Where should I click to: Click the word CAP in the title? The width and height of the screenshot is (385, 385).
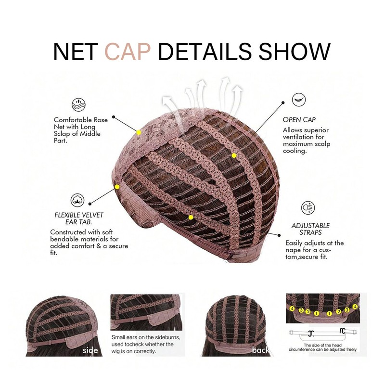click(x=128, y=51)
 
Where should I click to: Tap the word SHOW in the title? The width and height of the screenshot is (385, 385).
click(x=294, y=51)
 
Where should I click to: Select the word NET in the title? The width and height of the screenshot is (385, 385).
click(x=75, y=51)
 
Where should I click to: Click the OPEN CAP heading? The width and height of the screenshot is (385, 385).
click(x=299, y=119)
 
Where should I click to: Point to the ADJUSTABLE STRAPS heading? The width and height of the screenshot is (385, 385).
click(x=310, y=229)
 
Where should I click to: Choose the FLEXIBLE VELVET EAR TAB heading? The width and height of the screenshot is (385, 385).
click(x=79, y=218)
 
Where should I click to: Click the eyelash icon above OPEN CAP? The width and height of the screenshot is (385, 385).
click(x=299, y=100)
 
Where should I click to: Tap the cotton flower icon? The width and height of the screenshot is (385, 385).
click(x=77, y=200)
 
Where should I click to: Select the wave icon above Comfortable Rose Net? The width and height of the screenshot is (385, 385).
click(x=78, y=104)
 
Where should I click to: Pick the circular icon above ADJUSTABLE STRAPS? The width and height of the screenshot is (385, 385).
click(x=308, y=207)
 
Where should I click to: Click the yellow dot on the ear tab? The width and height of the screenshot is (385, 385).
click(x=117, y=187)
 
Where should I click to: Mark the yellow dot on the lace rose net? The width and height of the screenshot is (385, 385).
click(x=139, y=133)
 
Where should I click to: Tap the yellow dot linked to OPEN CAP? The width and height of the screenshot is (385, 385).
click(x=234, y=155)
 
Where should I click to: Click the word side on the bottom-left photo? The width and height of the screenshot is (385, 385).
click(x=90, y=350)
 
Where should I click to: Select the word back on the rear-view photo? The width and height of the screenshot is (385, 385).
click(x=260, y=350)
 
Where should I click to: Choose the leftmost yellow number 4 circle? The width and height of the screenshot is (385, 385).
click(x=292, y=308)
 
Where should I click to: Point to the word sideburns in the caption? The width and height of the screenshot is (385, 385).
click(x=167, y=337)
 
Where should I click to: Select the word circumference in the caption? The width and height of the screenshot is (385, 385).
click(x=301, y=349)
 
